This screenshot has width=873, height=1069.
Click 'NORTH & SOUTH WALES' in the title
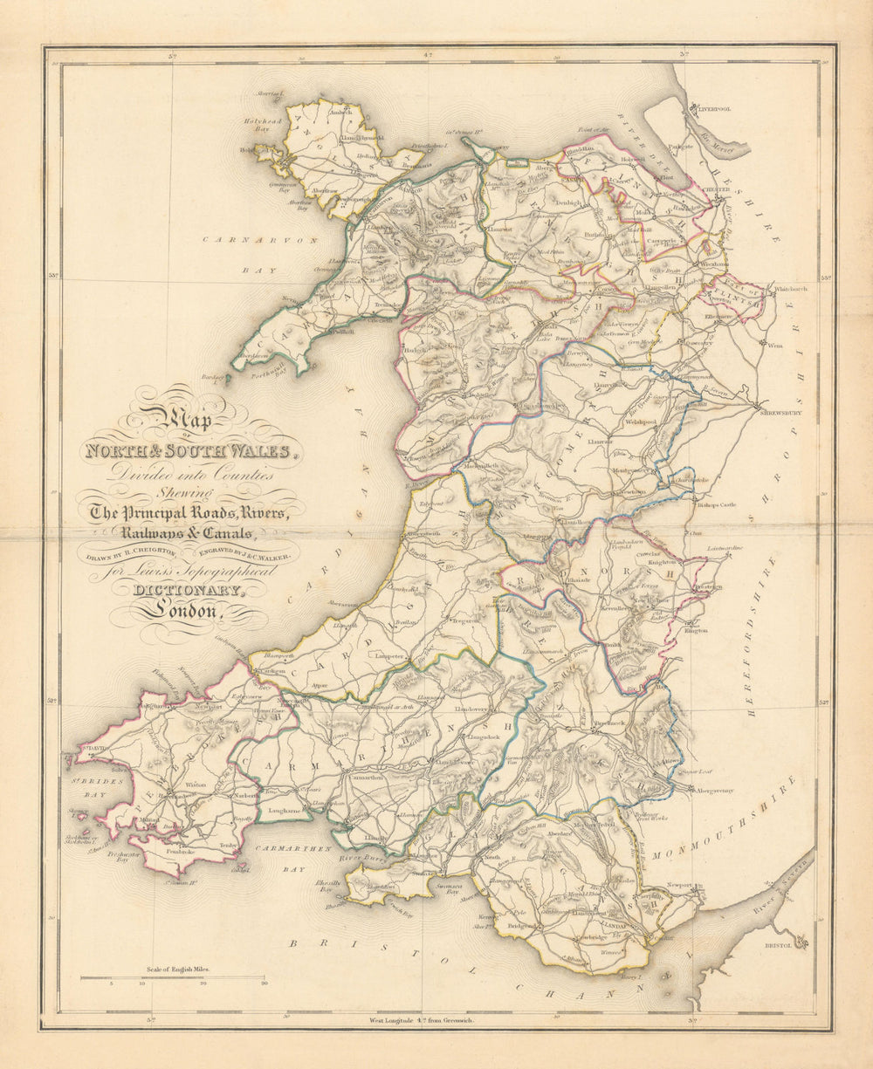(187, 451)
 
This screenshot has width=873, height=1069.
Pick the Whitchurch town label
(791, 289)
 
